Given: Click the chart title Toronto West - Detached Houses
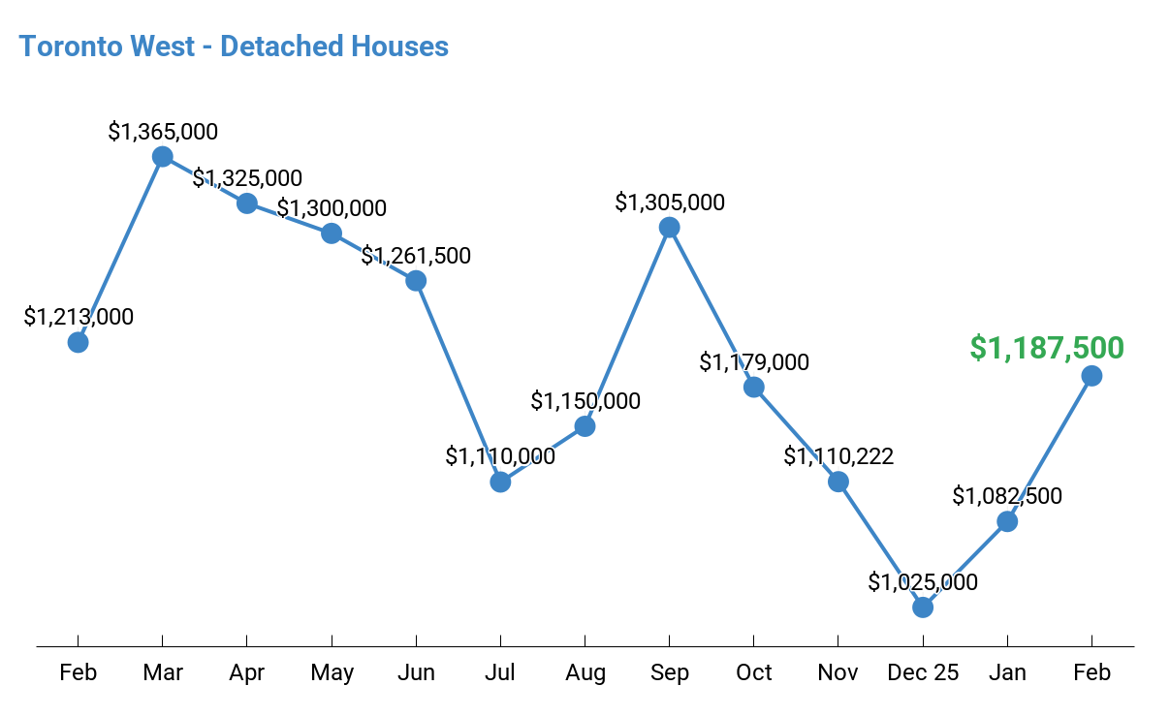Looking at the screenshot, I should [234, 46].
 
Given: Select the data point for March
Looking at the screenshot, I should [163, 157].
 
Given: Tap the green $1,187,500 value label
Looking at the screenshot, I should [1047, 348].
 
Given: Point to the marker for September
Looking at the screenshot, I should [669, 228].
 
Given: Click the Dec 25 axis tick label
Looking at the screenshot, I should [923, 672].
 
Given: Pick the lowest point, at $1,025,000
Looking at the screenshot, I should [923, 608].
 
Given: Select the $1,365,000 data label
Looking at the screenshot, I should [163, 132].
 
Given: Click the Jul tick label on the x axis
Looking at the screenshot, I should [500, 672].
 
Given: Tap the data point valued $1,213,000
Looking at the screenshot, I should [79, 342].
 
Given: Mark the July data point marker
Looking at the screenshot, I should [500, 482].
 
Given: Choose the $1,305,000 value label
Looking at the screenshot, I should [670, 203].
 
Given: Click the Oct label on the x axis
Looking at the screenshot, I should [754, 672].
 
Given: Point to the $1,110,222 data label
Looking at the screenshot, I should [838, 456].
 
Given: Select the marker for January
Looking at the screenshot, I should [1007, 521].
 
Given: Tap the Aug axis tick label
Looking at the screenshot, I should [585, 672].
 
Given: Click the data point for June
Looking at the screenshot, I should [416, 281].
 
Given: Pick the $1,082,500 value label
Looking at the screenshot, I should [1007, 497].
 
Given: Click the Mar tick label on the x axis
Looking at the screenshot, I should [163, 672].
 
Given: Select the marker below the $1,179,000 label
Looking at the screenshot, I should [754, 388].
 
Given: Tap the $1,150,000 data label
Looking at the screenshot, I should [585, 401].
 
